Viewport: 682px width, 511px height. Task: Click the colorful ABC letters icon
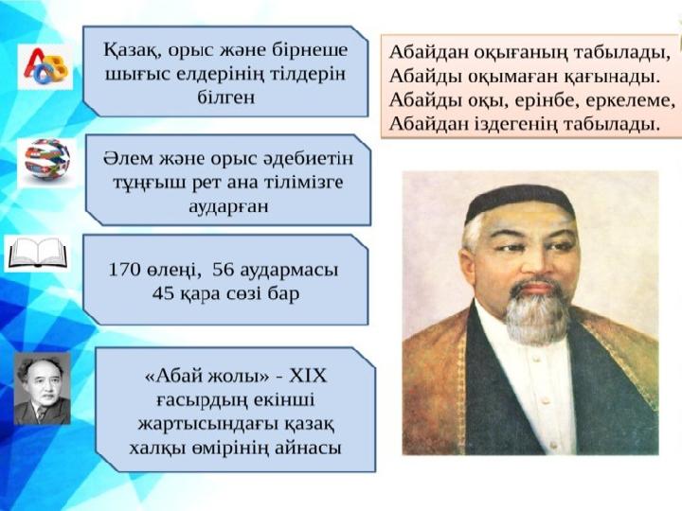tap(45, 66)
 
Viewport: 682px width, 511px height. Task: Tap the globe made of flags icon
tap(47, 159)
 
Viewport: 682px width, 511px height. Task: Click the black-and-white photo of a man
tap(43, 388)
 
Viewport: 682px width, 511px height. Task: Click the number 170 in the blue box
tap(124, 270)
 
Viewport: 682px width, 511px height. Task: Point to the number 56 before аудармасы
tap(224, 270)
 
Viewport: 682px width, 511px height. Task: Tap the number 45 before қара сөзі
tap(163, 293)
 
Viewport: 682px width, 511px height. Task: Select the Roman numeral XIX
tap(308, 376)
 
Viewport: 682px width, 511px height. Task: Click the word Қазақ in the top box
tap(130, 50)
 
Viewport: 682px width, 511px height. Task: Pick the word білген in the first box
tap(226, 97)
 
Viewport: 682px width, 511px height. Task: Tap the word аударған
tap(228, 206)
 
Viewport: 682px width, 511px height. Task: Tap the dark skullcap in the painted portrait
tap(520, 202)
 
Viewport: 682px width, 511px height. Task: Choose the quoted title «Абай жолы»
tap(207, 376)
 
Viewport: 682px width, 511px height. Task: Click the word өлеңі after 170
tap(173, 271)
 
